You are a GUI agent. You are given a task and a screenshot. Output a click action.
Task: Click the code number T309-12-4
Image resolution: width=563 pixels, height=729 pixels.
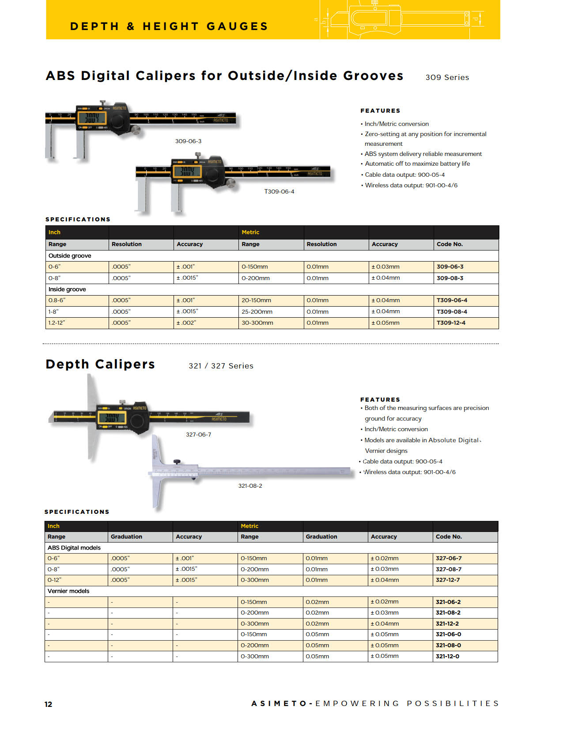(x=451, y=323)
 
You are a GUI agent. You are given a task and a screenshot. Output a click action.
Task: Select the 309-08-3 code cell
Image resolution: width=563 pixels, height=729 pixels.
(x=450, y=278)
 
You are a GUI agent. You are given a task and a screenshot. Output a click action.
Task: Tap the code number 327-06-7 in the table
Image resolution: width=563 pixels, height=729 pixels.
(x=449, y=558)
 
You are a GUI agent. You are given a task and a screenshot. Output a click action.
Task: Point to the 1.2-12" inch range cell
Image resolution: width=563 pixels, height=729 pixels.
(x=57, y=323)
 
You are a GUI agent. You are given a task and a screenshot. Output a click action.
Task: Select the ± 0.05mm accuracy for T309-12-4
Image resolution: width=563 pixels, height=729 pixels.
(x=385, y=323)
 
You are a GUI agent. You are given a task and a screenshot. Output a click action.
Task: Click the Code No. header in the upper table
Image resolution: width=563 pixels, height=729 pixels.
(x=450, y=244)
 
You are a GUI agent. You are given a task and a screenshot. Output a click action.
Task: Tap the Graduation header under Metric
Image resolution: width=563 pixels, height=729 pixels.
(x=321, y=537)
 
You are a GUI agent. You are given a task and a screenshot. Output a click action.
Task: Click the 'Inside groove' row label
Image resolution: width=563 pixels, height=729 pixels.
(x=67, y=289)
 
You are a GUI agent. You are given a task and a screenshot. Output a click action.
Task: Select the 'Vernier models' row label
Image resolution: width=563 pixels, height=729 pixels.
(x=68, y=591)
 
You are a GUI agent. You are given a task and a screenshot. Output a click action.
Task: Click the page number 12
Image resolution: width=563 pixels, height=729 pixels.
(x=48, y=704)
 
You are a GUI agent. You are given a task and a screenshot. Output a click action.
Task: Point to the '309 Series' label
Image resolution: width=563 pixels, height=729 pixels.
(x=447, y=77)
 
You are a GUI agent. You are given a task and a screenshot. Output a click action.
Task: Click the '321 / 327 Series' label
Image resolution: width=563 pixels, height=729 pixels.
(x=221, y=366)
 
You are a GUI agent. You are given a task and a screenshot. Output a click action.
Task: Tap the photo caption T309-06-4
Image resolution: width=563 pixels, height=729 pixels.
(x=279, y=192)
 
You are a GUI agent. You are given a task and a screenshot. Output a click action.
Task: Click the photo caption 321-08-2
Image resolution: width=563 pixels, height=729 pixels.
(x=250, y=486)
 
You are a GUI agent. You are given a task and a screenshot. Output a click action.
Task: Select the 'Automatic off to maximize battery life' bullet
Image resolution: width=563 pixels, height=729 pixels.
(x=417, y=164)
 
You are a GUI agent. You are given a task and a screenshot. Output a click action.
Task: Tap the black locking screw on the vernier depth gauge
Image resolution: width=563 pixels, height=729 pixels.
(x=177, y=462)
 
